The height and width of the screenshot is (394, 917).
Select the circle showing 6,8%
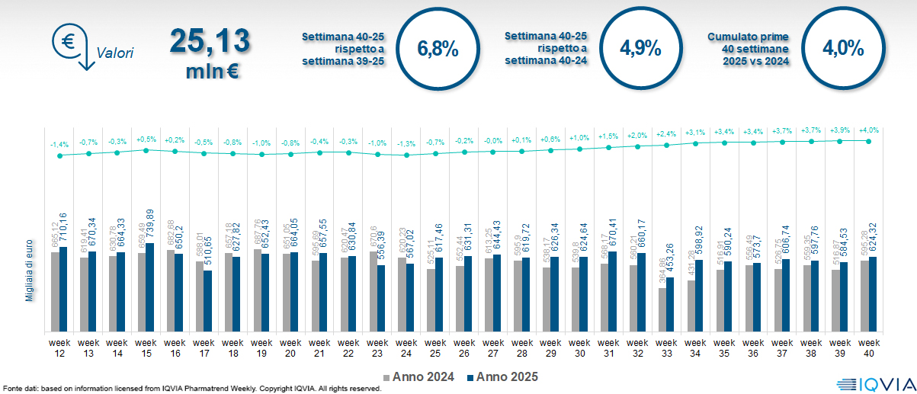438,50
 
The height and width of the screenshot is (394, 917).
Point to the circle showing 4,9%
640,49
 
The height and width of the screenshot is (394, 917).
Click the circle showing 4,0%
843,49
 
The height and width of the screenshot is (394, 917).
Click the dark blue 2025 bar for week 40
873,294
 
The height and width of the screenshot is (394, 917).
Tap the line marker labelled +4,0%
869,140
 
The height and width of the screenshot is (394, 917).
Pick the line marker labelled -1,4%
59,155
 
